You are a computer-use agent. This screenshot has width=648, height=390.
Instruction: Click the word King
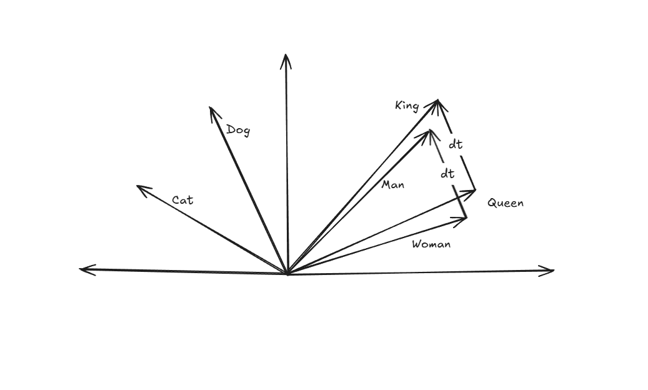tap(407, 106)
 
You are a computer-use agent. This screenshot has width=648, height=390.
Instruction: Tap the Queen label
tap(505, 202)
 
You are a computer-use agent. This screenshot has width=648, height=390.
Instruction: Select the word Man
tap(393, 185)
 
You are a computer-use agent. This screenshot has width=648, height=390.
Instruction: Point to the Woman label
tap(431, 244)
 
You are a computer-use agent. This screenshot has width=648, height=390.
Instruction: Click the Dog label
tap(238, 130)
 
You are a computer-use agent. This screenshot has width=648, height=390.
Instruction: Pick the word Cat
tap(182, 200)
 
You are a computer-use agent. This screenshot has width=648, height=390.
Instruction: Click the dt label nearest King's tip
tap(456, 144)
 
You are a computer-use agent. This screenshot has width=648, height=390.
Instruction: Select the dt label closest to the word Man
tap(447, 173)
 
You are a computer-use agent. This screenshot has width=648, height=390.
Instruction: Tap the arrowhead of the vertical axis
tap(286, 57)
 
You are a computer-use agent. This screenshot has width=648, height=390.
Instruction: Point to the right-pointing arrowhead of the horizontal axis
tap(551, 271)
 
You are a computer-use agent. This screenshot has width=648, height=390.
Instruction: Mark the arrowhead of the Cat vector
tap(139, 187)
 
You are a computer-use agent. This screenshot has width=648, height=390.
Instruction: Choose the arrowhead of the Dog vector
tap(211, 109)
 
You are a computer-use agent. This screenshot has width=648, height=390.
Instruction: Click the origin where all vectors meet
tap(287, 273)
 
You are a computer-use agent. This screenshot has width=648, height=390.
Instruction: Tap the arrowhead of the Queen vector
tap(473, 190)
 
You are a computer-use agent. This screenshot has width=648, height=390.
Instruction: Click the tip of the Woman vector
tap(465, 217)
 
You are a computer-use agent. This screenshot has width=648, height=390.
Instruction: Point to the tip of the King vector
tap(437, 100)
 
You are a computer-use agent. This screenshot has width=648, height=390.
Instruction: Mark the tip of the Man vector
tap(430, 131)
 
